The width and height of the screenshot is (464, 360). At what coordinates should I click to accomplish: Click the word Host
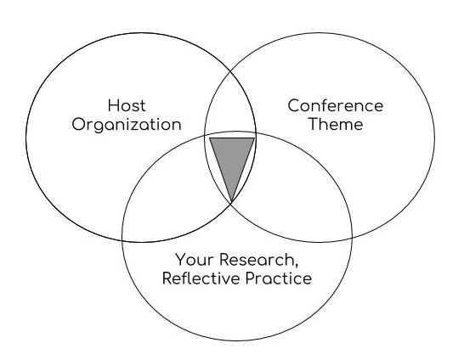[127, 105]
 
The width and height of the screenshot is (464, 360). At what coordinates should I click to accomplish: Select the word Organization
[127, 125]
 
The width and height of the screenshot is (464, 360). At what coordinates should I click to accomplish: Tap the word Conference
[336, 105]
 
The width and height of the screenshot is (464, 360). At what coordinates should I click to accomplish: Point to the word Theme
[336, 124]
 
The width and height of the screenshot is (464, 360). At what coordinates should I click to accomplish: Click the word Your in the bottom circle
[195, 260]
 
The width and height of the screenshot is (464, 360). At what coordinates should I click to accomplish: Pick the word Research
[257, 260]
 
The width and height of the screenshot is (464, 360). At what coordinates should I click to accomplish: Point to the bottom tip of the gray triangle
[232, 201]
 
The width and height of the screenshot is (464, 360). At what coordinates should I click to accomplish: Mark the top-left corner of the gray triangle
[210, 138]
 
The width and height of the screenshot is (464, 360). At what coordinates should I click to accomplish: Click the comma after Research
[297, 265]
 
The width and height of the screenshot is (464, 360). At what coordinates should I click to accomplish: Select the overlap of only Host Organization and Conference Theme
[230, 106]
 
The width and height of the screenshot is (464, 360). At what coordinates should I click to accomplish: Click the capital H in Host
[113, 105]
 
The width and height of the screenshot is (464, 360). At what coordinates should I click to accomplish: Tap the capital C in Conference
[294, 105]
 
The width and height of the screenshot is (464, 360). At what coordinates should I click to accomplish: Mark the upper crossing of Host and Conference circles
[230, 72]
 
